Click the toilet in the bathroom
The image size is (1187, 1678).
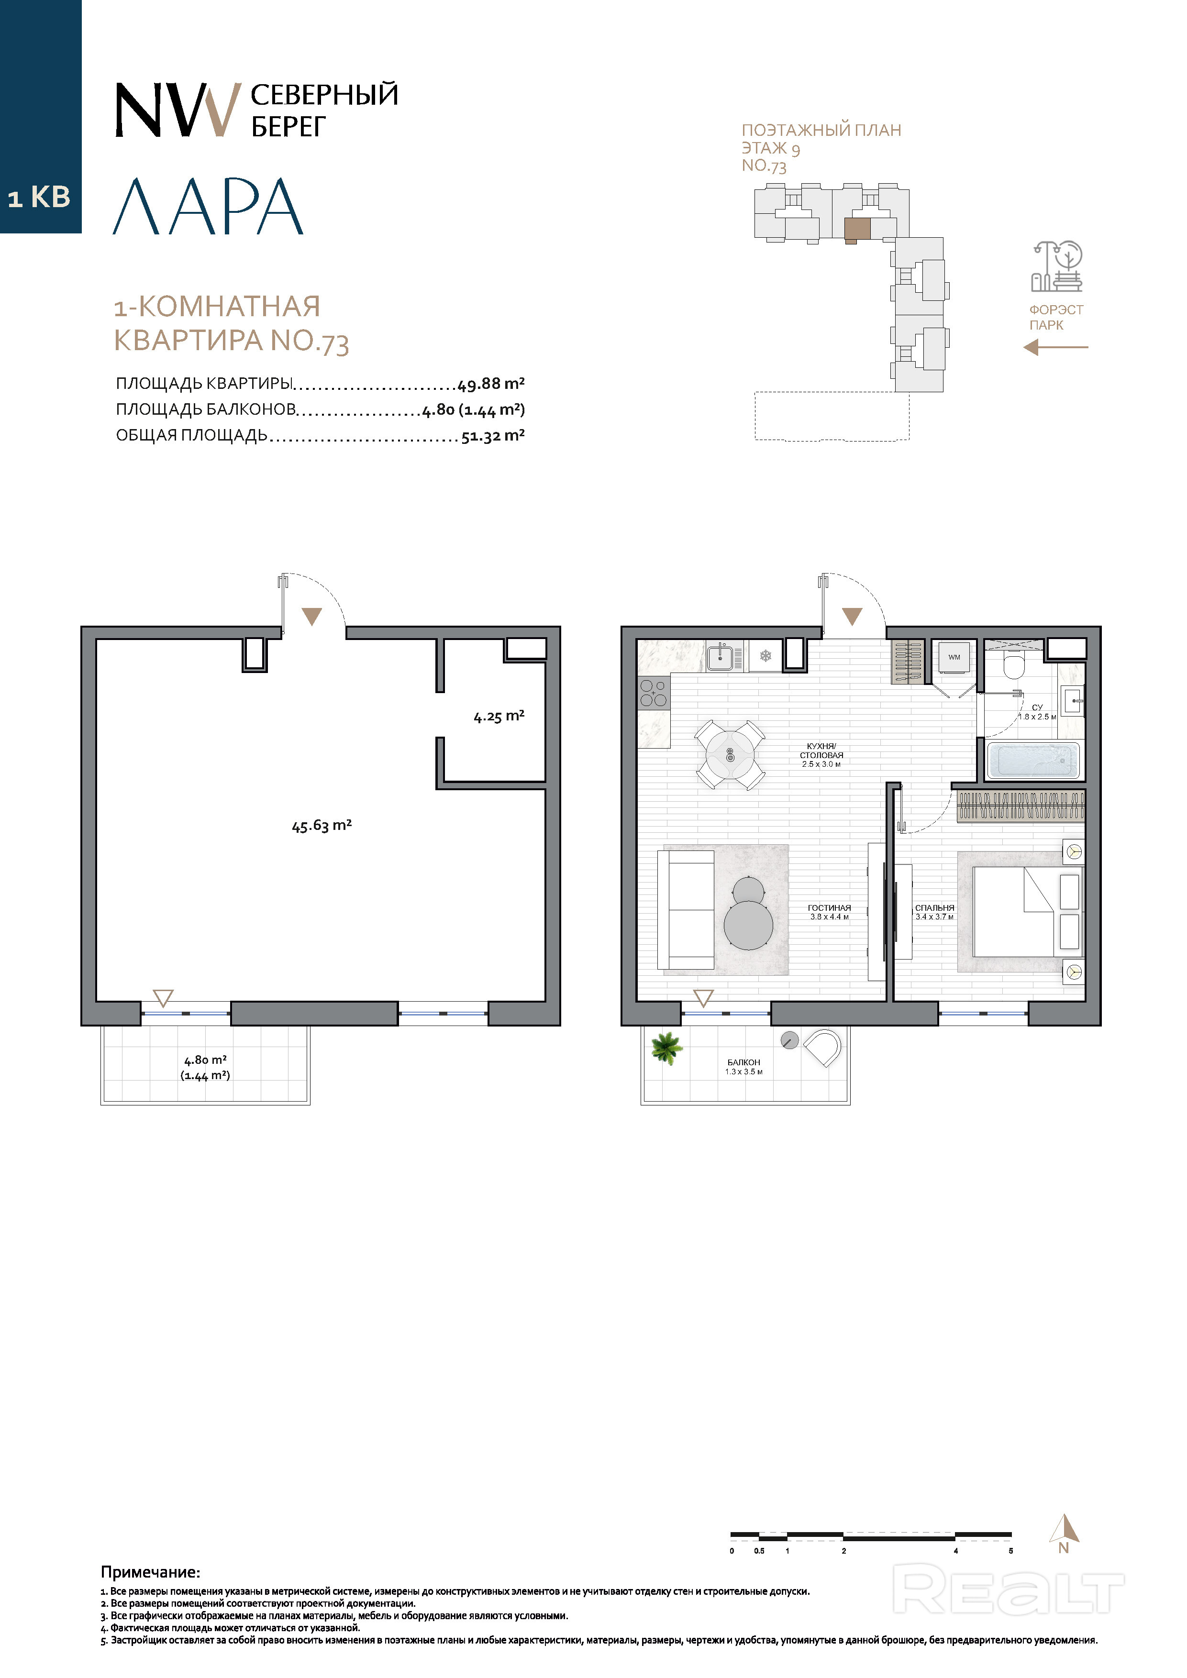click(1014, 665)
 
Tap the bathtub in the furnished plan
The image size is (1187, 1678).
click(1033, 761)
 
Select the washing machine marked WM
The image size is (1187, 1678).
click(954, 658)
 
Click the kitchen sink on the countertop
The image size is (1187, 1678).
click(724, 656)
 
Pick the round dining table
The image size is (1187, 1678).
click(730, 755)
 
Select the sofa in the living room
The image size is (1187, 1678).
click(686, 910)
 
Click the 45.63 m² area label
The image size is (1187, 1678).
click(322, 826)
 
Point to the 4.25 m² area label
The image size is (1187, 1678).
click(499, 716)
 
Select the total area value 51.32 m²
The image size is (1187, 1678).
click(493, 436)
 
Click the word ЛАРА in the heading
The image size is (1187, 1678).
click(208, 206)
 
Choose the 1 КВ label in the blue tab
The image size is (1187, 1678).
click(39, 198)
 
